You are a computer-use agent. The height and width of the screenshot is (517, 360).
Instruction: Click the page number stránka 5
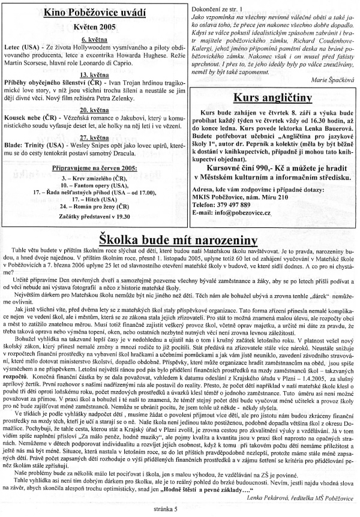(181, 510)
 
